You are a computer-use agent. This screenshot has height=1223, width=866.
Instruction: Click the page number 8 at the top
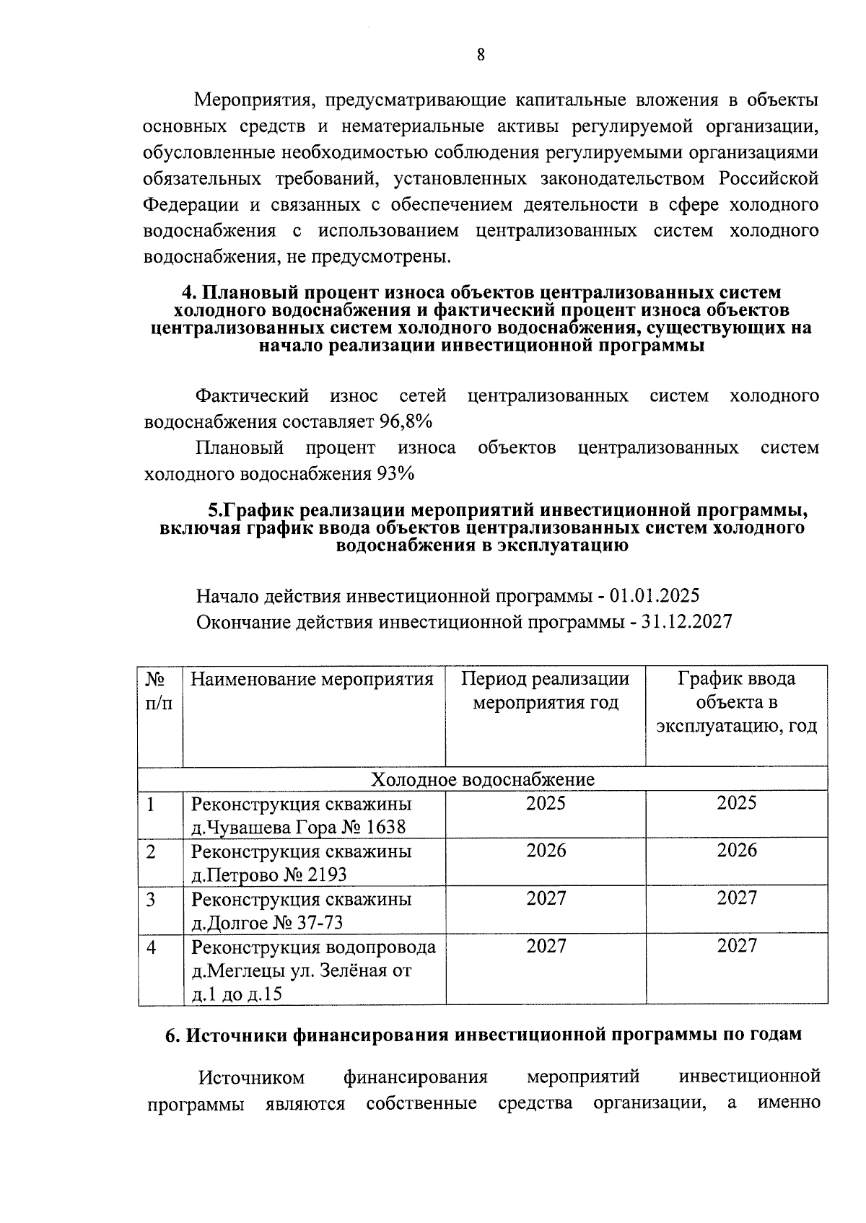point(481,56)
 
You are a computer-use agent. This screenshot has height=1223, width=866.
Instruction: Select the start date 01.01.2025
point(655,596)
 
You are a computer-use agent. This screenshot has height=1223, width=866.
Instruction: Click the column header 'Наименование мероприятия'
point(312,680)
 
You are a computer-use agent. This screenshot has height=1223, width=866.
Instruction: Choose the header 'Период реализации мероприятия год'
point(546,691)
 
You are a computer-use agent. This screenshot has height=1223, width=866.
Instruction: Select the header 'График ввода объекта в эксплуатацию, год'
point(736,702)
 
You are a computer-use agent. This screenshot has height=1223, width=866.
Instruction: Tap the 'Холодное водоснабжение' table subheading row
point(483,779)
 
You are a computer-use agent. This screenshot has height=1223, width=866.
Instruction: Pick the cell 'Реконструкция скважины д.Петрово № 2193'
point(302,863)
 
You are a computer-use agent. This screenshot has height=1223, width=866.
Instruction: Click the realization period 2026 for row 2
point(546,851)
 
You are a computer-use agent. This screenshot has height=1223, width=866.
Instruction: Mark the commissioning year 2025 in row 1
point(736,803)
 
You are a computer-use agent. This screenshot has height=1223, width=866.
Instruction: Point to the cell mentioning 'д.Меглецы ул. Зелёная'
point(301,970)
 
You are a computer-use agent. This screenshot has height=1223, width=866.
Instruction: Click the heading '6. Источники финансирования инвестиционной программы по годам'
point(483,1034)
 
